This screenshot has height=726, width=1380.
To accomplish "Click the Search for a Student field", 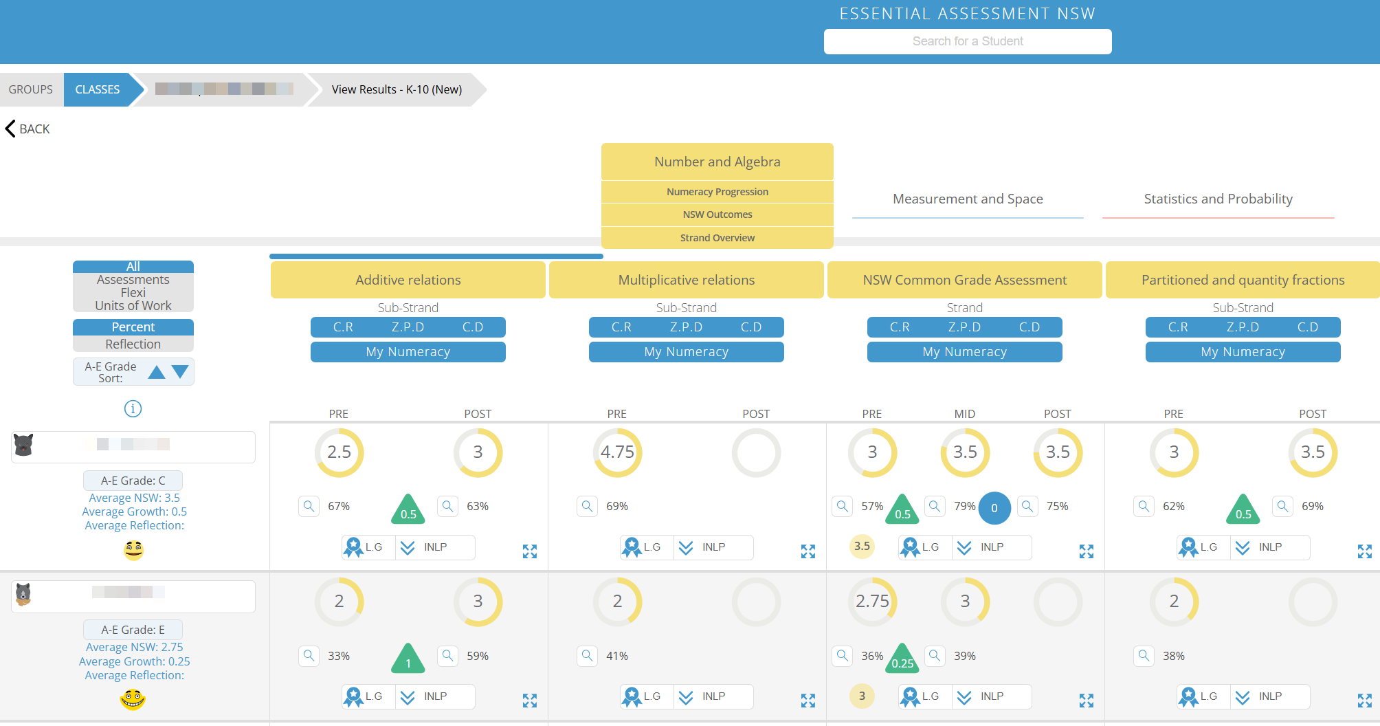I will tap(967, 41).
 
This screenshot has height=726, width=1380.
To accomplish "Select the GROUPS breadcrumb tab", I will tap(31, 89).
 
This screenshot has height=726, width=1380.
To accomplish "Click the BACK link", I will tap(28, 129).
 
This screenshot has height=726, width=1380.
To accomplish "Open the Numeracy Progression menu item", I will tap(717, 192).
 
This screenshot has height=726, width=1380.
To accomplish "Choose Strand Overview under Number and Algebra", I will tap(717, 238).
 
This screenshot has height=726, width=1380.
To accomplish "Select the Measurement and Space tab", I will tap(967, 199).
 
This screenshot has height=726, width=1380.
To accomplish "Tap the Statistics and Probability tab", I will tap(1218, 199).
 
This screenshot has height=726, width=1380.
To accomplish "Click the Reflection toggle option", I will tap(133, 344).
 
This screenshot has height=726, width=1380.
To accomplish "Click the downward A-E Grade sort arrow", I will tap(180, 372).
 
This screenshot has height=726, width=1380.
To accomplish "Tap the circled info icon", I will tap(133, 409).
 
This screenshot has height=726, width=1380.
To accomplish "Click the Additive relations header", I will tap(408, 280).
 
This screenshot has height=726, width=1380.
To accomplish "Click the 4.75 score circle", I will tap(617, 452).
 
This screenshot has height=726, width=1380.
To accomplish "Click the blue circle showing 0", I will tap(994, 508).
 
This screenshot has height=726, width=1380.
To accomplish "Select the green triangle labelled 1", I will tap(408, 659).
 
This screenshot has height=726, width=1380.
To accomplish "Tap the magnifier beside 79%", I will tap(935, 507).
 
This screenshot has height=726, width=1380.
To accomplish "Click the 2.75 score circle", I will tap(872, 602).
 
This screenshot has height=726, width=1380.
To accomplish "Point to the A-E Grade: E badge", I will tap(133, 630).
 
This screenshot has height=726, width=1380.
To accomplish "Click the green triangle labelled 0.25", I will tap(902, 659).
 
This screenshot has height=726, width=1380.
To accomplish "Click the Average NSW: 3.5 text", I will tap(134, 498).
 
